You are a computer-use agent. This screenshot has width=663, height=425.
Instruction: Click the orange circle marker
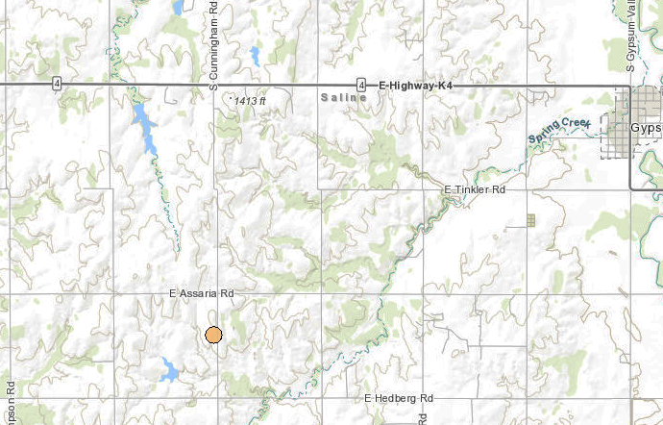pyautogui.click(x=214, y=335)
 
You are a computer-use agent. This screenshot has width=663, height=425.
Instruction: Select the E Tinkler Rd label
pyautogui.click(x=475, y=190)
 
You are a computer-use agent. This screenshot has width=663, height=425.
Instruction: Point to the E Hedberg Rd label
pyautogui.click(x=400, y=398)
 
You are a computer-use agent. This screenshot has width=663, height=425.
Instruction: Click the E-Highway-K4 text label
pyautogui.click(x=415, y=86)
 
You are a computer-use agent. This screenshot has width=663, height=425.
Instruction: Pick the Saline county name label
pyautogui.click(x=342, y=99)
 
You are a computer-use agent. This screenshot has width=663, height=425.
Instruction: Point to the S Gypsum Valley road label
pyautogui.click(x=631, y=38)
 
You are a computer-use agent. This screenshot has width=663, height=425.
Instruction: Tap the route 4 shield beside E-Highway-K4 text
pyautogui.click(x=360, y=85)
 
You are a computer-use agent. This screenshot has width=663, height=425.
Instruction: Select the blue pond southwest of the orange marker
pyautogui.click(x=169, y=368)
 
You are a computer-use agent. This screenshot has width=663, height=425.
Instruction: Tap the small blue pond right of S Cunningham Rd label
pyautogui.click(x=255, y=56)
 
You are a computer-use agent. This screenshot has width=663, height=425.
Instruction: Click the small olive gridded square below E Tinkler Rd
pyautogui.click(x=529, y=220)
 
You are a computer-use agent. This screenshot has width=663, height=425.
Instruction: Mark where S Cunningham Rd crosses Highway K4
pyautogui.click(x=215, y=85)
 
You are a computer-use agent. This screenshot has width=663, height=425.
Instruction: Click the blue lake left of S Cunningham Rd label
pyautogui.click(x=178, y=8)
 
